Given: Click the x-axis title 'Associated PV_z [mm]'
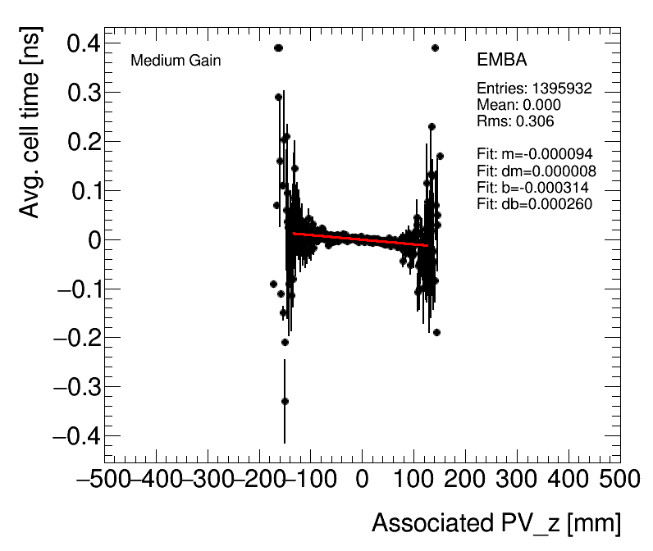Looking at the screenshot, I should pos(495,523).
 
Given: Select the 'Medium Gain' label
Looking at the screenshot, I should pos(176,61).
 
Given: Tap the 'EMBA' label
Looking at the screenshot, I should pos(501,61).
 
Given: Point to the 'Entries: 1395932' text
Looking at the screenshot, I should pos(534,89).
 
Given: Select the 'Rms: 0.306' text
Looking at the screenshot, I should pos(515,121).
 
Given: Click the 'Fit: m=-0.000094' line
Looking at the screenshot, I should pos(534,153).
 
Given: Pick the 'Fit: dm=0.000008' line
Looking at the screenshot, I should pos(536,171).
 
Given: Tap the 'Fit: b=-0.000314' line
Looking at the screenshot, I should pos(532,187).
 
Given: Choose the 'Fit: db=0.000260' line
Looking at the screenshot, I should pos(534,203).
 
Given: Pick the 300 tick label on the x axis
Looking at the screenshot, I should pos(505,478).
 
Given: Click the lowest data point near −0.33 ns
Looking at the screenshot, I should pos(285,401).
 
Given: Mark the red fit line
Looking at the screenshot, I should pos(361,239).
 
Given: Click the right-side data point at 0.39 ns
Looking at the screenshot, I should pos(435,48).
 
